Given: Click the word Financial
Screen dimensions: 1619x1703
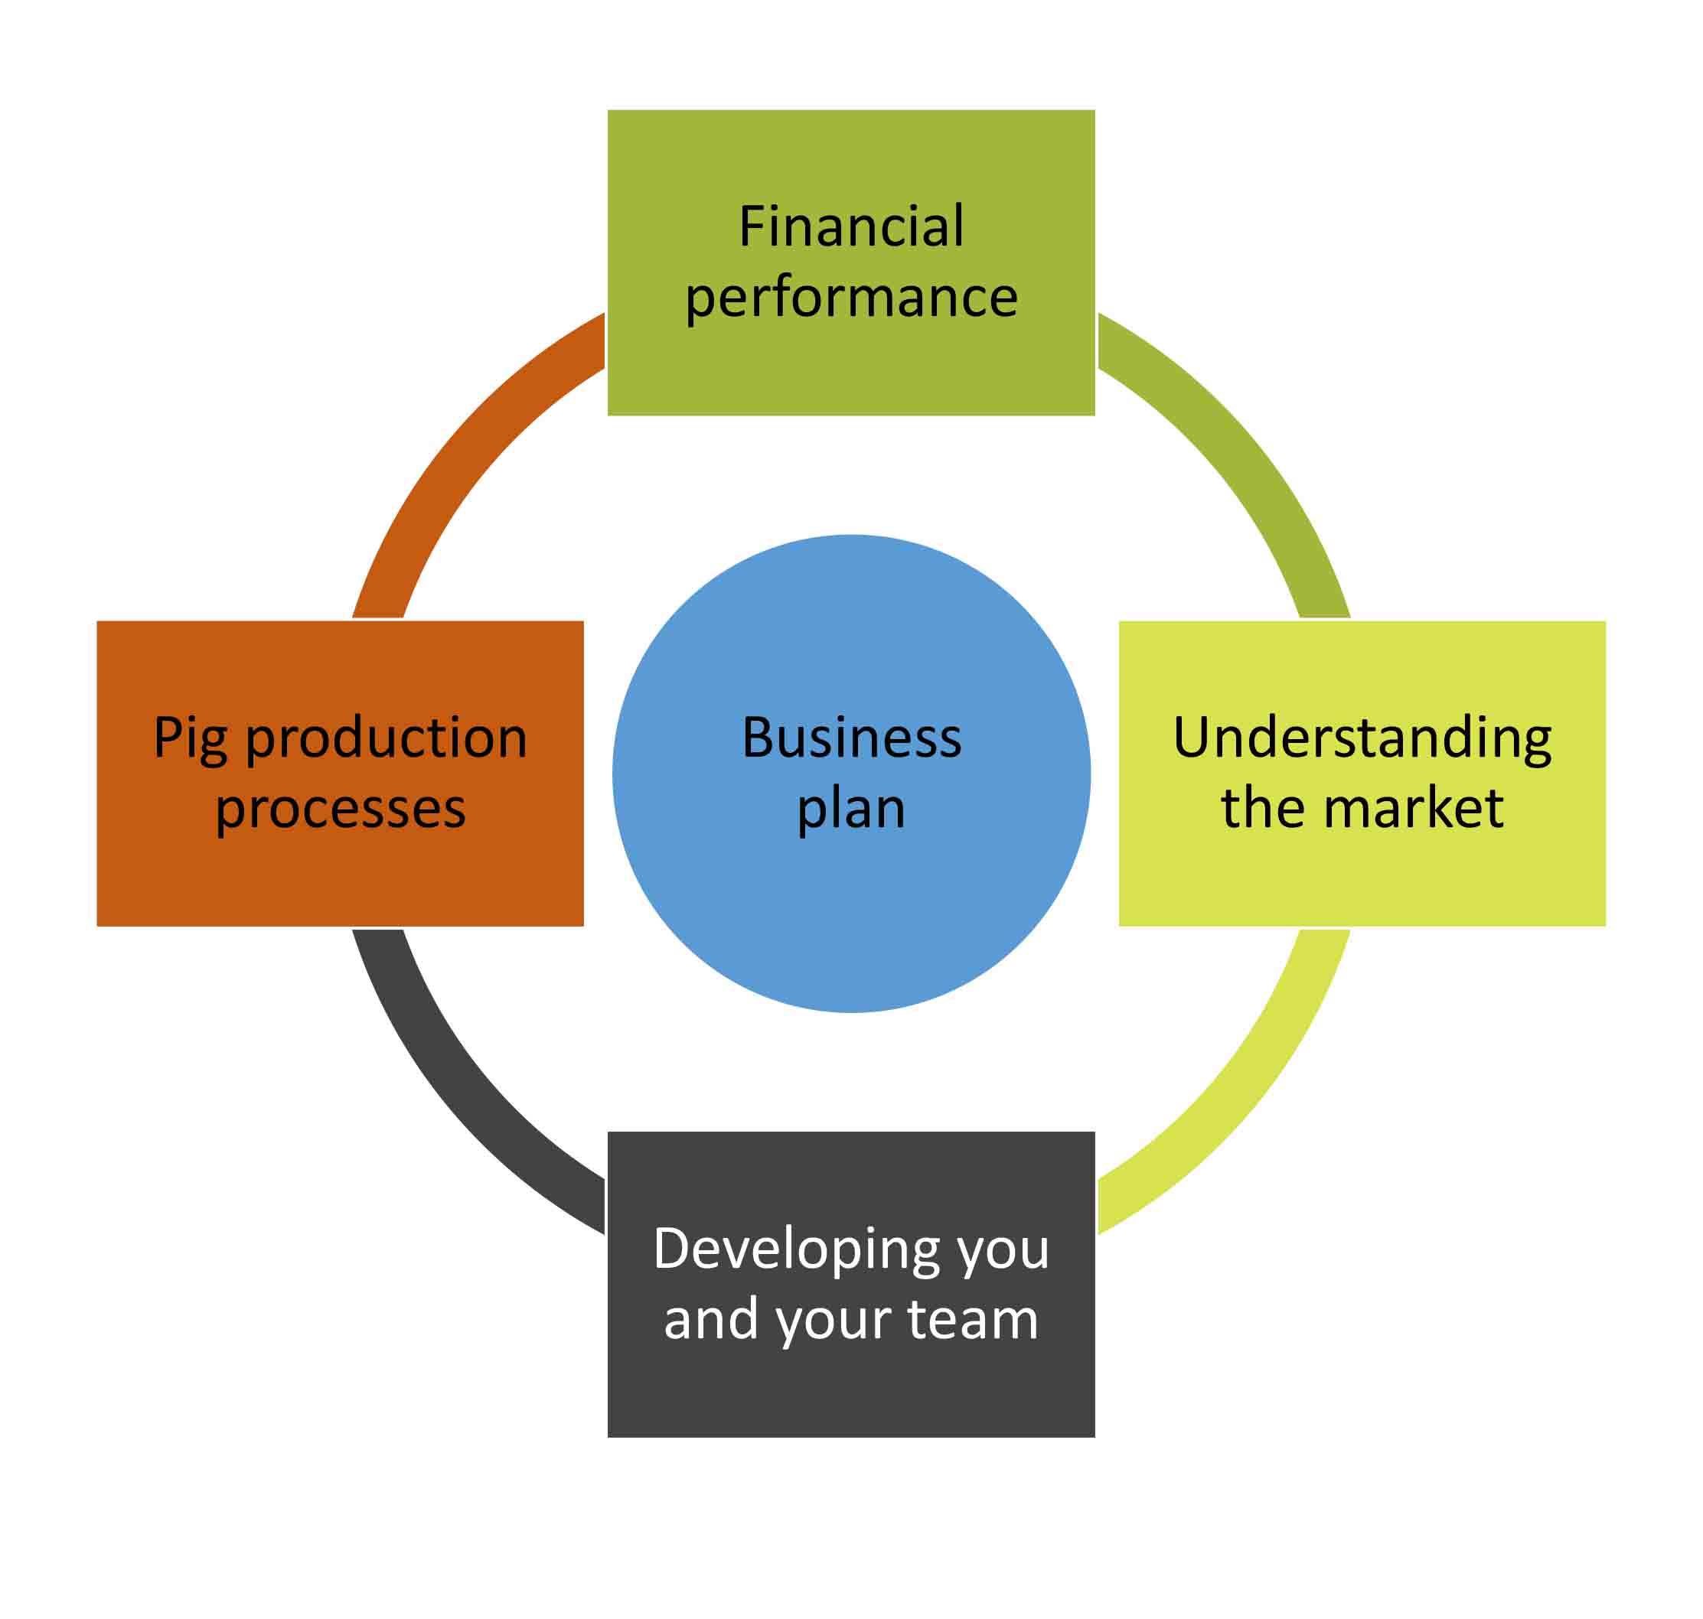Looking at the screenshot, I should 850,227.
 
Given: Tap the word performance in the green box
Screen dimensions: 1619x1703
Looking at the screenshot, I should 851,298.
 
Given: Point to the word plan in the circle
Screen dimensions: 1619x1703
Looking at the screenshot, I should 851,809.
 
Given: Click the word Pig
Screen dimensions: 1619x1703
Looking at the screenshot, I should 190,739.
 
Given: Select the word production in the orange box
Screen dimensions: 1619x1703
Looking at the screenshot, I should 386,739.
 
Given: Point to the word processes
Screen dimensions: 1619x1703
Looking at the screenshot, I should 340,809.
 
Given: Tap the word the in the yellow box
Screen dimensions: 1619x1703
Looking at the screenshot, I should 1264,809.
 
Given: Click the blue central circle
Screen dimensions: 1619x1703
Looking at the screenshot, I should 851,915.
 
